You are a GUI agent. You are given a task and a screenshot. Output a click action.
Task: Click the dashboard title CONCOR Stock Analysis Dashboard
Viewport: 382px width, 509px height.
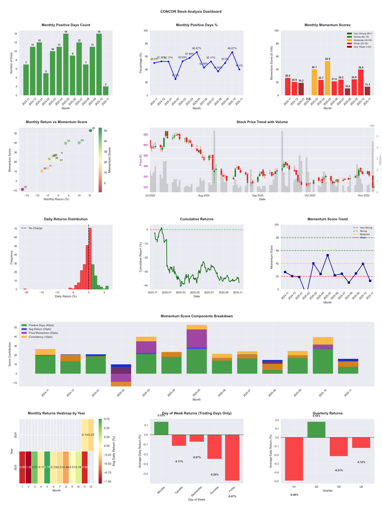pos(191,11)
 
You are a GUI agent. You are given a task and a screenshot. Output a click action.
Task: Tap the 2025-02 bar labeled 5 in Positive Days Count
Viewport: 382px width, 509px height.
pos(45,84)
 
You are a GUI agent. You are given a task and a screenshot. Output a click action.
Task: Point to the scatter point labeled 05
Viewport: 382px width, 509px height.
pos(90,130)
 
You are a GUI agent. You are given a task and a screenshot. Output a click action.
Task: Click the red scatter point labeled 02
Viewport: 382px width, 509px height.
pos(22,190)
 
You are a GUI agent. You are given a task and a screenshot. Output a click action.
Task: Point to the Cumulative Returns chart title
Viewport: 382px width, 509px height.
pos(197,219)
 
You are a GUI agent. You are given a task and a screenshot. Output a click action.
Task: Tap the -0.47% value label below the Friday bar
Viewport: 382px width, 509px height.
pos(232,497)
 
